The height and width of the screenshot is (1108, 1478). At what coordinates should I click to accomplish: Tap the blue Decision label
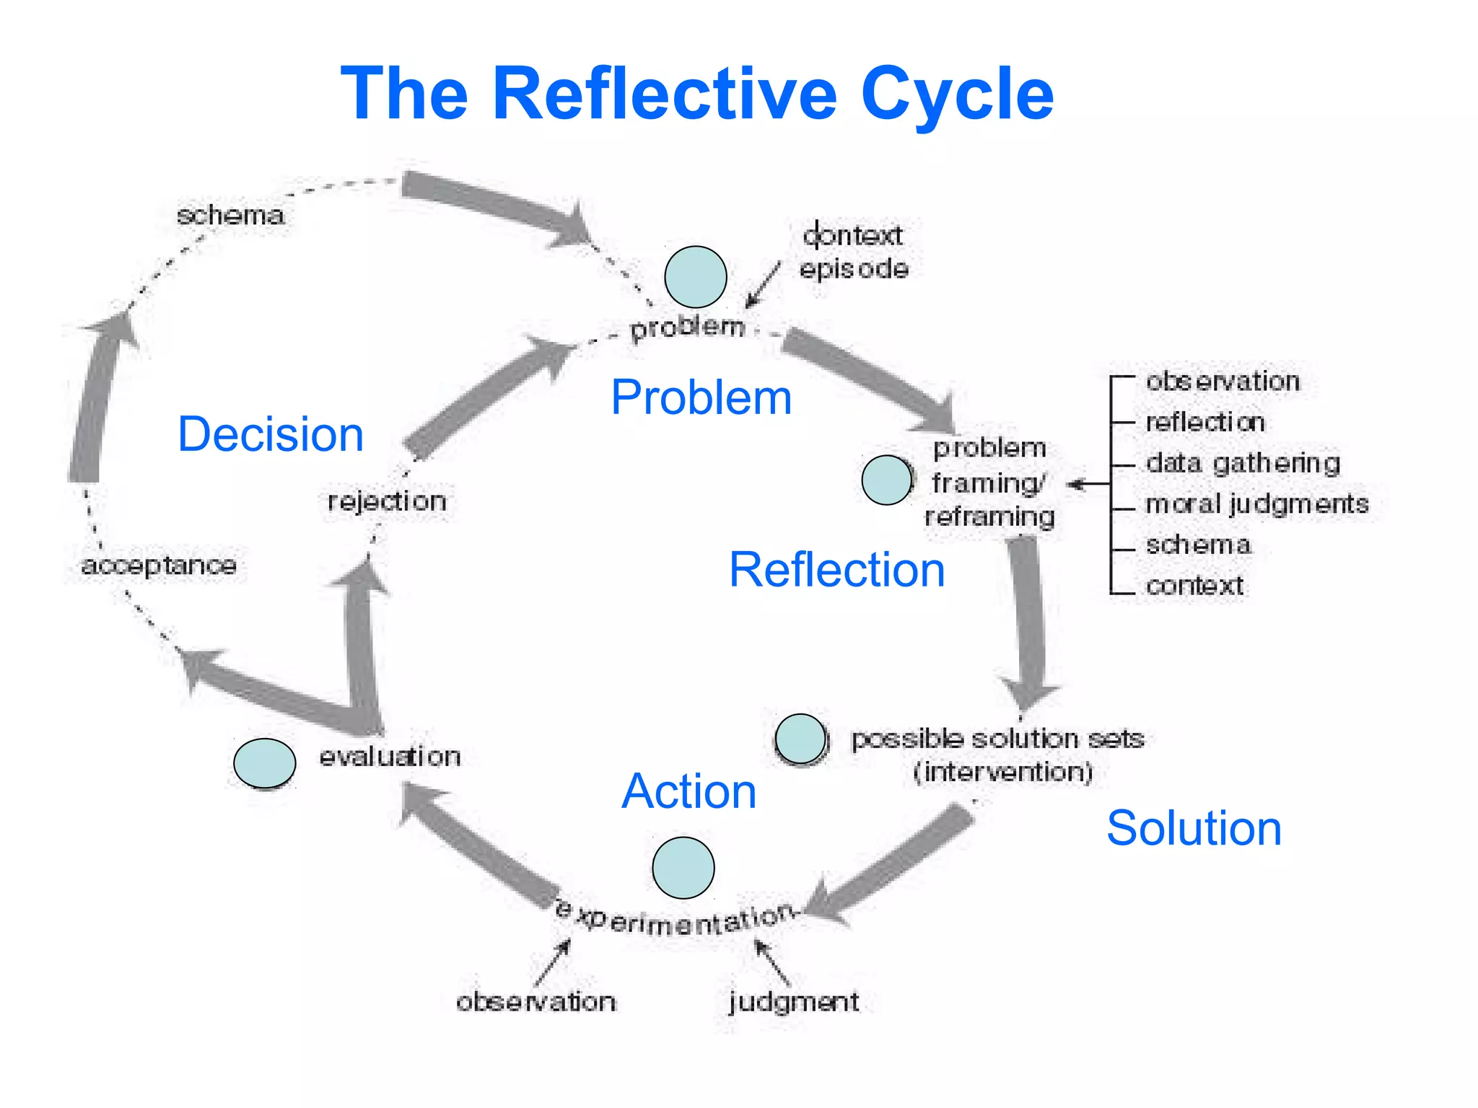271,434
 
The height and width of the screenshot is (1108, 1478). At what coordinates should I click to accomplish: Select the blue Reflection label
836,570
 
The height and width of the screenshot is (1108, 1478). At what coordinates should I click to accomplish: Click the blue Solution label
1194,828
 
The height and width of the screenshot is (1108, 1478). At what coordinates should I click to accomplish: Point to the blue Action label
688,791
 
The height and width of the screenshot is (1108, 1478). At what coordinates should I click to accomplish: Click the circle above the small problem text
695,277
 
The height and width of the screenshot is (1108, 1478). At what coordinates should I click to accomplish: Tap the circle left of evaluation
264,762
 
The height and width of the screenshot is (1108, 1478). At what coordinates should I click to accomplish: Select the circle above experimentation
683,867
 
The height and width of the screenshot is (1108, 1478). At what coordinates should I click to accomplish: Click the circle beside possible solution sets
800,739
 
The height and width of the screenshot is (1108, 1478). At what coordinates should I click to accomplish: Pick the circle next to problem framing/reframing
887,480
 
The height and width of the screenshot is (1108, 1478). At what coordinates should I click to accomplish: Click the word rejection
387,501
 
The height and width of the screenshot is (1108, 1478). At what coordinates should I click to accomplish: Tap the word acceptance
159,565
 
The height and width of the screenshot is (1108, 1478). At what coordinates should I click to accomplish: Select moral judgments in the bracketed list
1256,504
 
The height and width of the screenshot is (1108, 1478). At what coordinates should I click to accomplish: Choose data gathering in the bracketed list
1242,463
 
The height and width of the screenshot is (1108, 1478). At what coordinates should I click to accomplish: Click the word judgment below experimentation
793,1001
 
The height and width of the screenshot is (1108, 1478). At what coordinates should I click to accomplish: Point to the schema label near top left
230,215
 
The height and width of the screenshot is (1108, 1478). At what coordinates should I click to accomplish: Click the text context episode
853,252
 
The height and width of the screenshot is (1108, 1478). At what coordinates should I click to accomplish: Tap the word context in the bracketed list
1194,585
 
